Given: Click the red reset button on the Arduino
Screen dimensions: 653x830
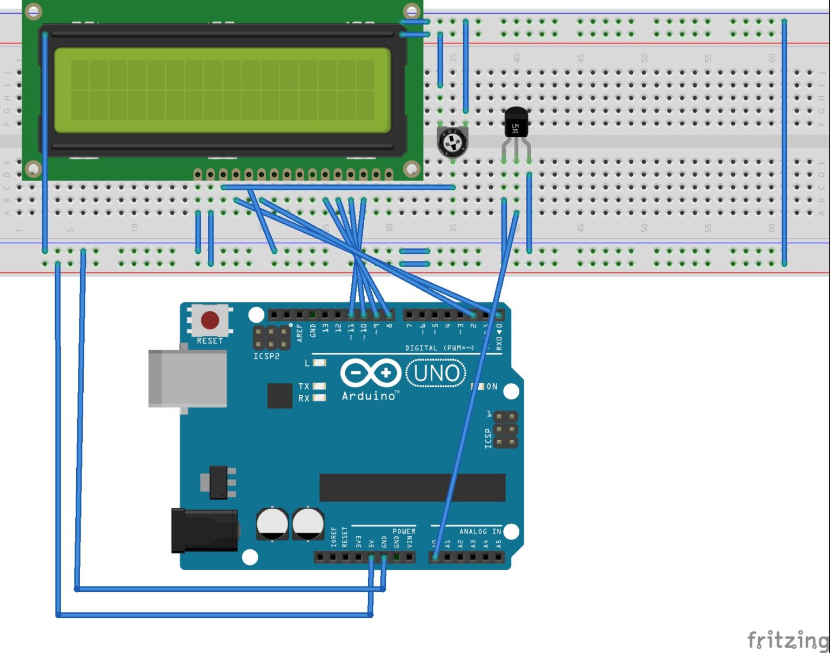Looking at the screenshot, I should click(210, 320).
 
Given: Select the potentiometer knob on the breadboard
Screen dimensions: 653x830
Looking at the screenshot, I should click(452, 143).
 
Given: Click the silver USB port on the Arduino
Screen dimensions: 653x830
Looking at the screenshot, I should click(188, 378).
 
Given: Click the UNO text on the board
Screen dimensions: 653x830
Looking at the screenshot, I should click(436, 374).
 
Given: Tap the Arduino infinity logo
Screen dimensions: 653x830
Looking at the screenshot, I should click(371, 374).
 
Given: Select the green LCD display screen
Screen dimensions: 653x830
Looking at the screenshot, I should click(222, 90).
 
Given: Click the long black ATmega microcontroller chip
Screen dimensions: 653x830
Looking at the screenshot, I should click(412, 488).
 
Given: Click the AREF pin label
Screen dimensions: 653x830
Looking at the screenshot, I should click(300, 332).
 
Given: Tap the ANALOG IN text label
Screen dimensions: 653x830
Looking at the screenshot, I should click(480, 531).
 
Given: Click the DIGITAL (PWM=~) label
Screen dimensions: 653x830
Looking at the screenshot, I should click(439, 348).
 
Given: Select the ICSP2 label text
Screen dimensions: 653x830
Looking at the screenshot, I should click(266, 356).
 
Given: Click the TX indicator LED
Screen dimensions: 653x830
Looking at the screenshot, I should click(319, 386).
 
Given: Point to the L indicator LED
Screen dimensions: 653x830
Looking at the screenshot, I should click(319, 363).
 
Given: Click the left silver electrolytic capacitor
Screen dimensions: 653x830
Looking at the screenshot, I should click(272, 523).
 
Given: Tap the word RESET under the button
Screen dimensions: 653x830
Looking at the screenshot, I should click(210, 341).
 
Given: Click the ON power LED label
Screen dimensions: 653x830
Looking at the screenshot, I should click(491, 387).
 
